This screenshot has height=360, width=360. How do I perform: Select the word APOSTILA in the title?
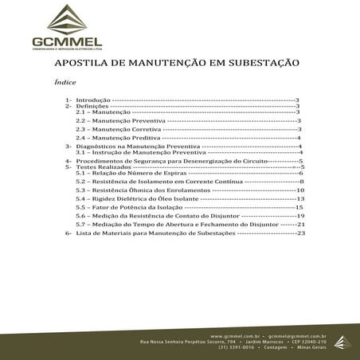pyautogui.click(x=83, y=61)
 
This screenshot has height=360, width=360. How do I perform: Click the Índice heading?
pyautogui.click(x=65, y=81)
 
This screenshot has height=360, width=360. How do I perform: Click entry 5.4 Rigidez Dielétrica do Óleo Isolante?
pyautogui.click(x=140, y=199)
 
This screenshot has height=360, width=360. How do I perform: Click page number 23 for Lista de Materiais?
pyautogui.click(x=300, y=234)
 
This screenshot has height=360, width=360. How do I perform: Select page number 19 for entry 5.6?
pyautogui.click(x=300, y=216)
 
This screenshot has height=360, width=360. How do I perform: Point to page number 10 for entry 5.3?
pyautogui.click(x=300, y=190)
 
